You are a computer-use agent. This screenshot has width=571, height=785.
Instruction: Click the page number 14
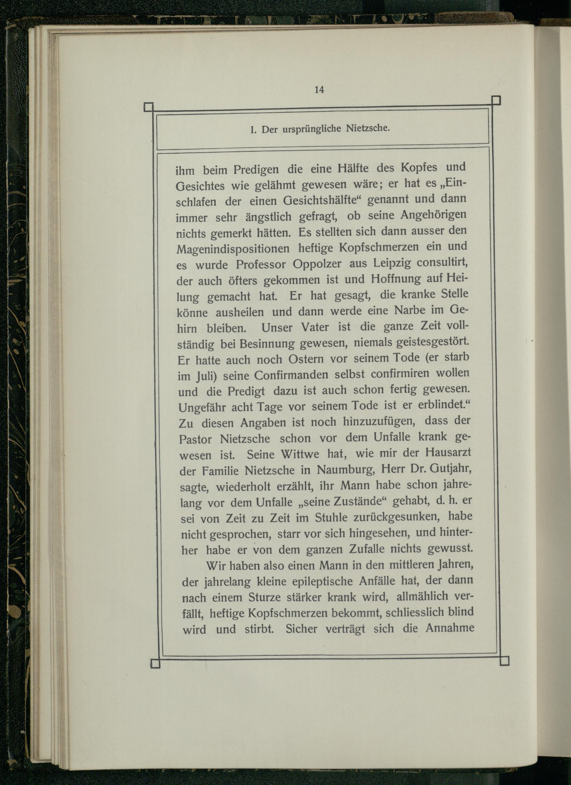click(319, 90)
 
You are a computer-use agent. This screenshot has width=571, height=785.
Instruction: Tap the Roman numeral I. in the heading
click(253, 131)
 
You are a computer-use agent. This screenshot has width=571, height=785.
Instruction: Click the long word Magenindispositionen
click(233, 248)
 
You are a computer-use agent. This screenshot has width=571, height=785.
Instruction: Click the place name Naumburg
click(346, 470)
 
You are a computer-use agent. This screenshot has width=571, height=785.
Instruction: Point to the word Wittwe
click(300, 454)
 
